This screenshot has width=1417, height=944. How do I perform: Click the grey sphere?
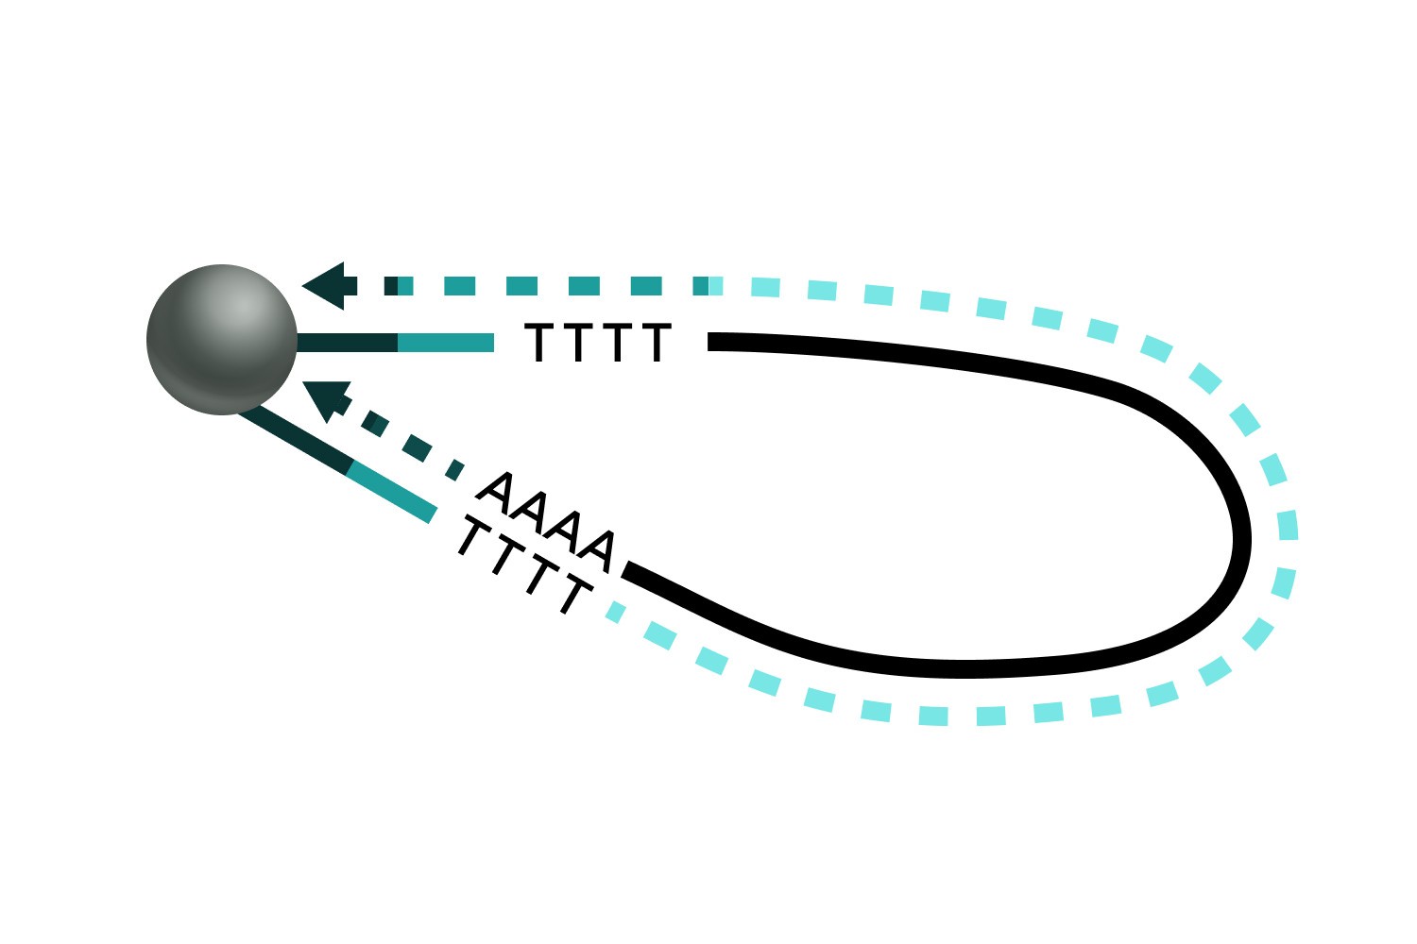click(222, 340)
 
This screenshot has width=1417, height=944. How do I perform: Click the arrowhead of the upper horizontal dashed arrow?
click(327, 285)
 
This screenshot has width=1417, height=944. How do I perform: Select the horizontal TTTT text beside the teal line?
click(597, 343)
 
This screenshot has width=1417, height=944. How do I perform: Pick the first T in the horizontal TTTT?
click(538, 343)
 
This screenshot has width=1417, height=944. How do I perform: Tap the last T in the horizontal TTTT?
click(656, 343)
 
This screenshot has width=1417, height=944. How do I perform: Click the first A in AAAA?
click(497, 490)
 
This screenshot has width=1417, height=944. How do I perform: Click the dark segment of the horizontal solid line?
click(347, 342)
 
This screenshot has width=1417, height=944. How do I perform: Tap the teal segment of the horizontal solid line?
click(446, 342)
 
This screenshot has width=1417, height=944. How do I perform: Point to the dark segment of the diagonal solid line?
click(295, 440)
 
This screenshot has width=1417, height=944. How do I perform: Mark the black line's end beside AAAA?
click(627, 569)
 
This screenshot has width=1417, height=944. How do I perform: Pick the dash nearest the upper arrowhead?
click(391, 285)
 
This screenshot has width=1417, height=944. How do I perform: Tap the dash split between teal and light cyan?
click(708, 285)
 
